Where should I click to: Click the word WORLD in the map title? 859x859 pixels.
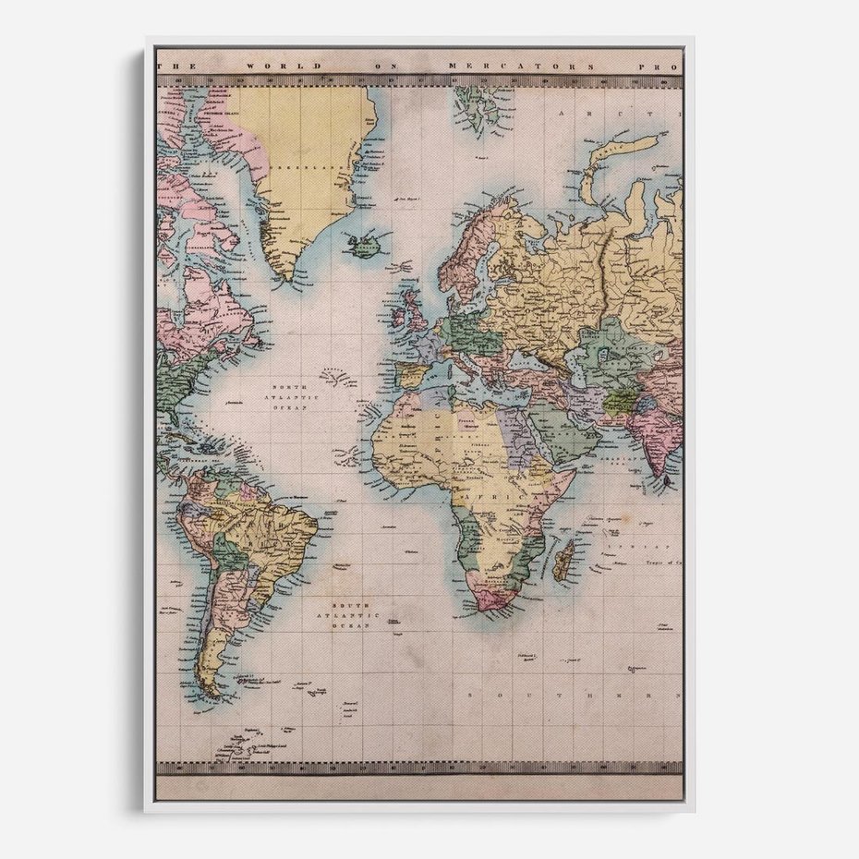tap(295, 67)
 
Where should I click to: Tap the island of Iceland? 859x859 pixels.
tap(366, 245)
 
